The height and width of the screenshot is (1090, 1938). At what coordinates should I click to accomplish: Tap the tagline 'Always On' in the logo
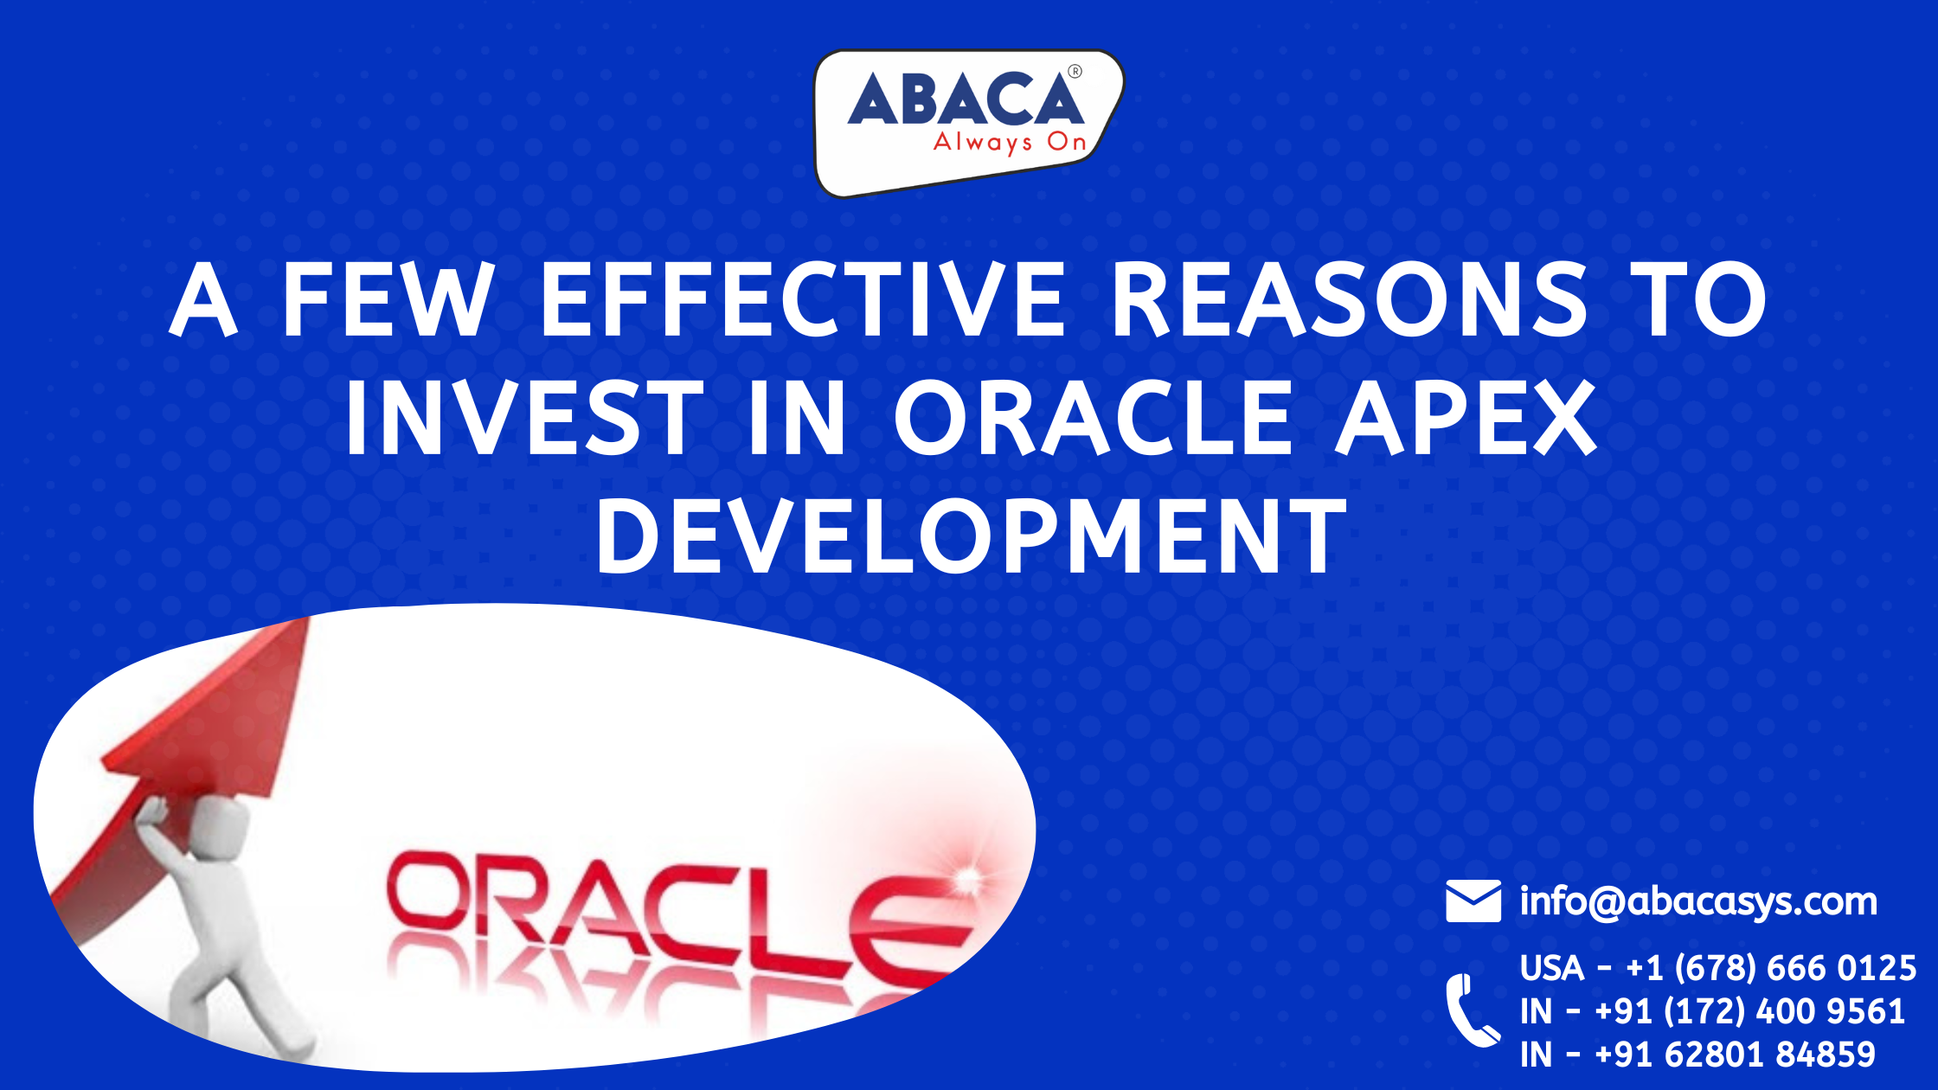point(1010,143)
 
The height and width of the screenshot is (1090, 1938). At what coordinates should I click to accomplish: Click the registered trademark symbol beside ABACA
point(1075,72)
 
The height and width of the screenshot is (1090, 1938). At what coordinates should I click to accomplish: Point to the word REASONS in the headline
point(1351,299)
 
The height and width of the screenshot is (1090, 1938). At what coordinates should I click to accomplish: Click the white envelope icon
point(1473,901)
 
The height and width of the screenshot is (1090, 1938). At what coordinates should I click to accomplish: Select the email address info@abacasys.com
point(1698,901)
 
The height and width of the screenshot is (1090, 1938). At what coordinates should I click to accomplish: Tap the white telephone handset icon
point(1472,1010)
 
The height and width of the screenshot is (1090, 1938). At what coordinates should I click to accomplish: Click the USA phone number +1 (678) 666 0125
point(1771,968)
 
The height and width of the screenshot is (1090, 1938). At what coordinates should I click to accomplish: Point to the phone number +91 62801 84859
point(1735,1055)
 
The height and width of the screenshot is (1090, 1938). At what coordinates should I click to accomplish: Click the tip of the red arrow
point(308,618)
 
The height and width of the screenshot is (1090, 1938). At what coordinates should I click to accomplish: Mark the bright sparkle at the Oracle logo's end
point(966,880)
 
